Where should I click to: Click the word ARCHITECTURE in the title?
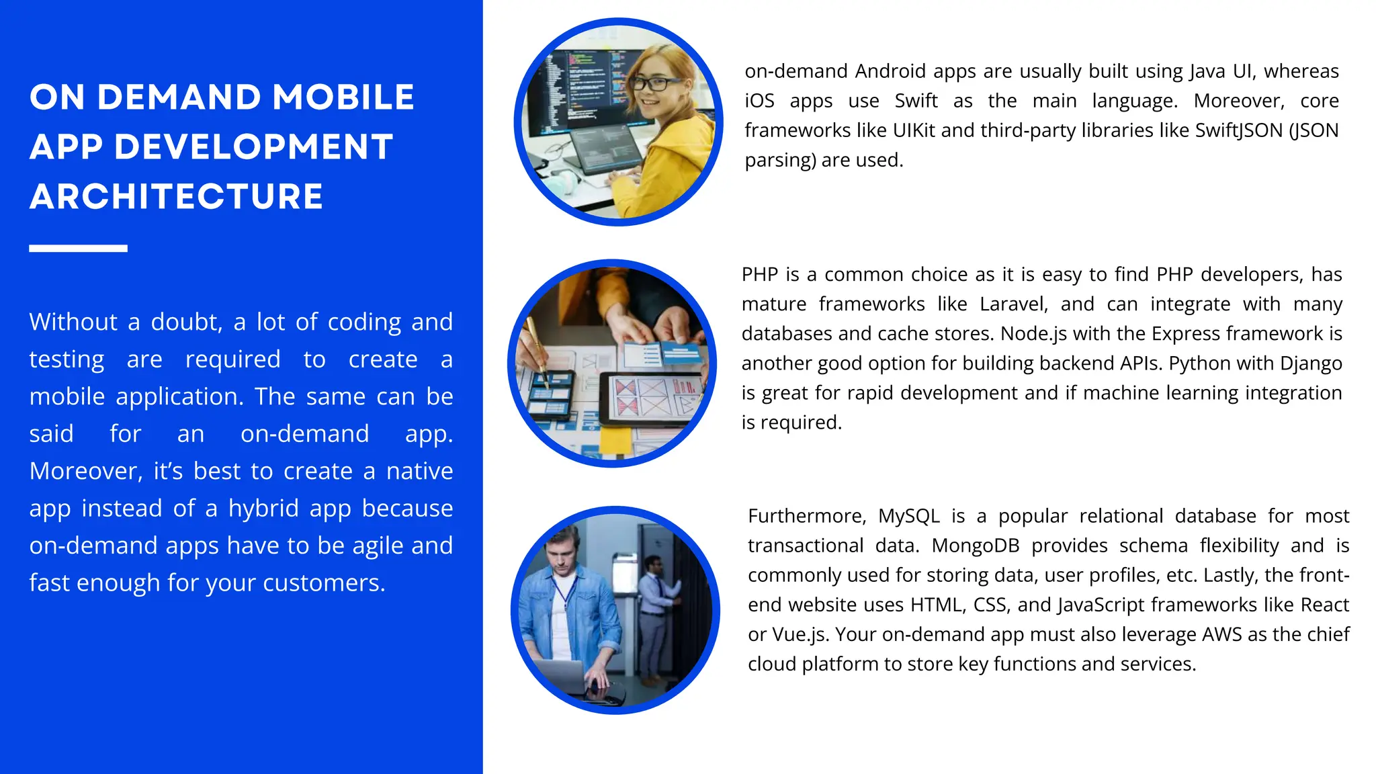point(176,197)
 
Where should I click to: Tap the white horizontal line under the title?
point(78,249)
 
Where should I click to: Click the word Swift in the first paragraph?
point(916,101)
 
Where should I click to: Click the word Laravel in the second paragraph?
point(1013,304)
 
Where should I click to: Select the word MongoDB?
point(976,546)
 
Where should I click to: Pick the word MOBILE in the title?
point(343,97)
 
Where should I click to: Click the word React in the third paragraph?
point(1324,605)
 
